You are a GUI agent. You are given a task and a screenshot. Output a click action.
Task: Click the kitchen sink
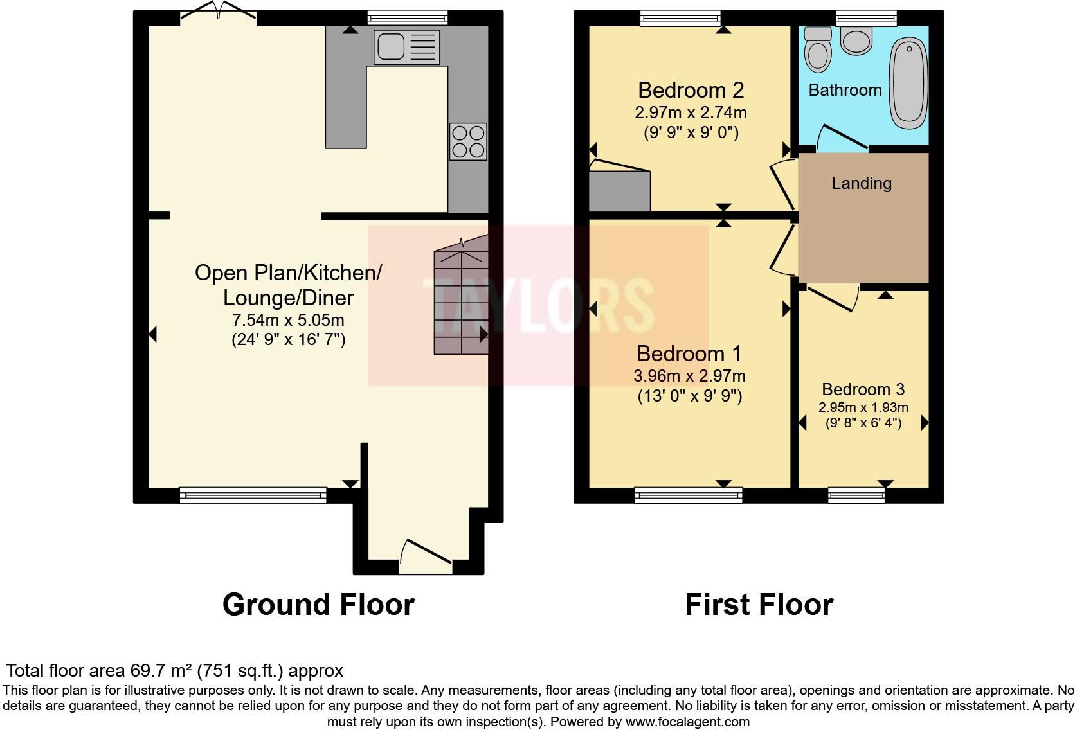406,47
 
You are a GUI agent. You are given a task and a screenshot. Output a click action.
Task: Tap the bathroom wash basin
856,42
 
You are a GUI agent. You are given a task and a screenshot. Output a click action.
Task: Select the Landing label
862,183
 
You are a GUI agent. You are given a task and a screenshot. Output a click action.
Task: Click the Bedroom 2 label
691,90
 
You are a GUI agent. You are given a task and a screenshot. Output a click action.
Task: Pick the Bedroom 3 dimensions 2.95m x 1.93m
863,407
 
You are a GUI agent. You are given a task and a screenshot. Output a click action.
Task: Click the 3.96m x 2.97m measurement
689,376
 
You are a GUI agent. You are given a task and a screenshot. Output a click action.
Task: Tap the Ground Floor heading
318,605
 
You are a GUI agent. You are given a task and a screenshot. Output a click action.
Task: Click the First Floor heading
759,605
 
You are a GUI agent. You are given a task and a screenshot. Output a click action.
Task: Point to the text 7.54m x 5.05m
288,320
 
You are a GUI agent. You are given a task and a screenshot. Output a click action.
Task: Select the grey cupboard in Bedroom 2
619,191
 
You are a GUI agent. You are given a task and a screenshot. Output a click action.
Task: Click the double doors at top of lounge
218,12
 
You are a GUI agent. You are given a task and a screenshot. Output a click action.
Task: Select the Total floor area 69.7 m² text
174,671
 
